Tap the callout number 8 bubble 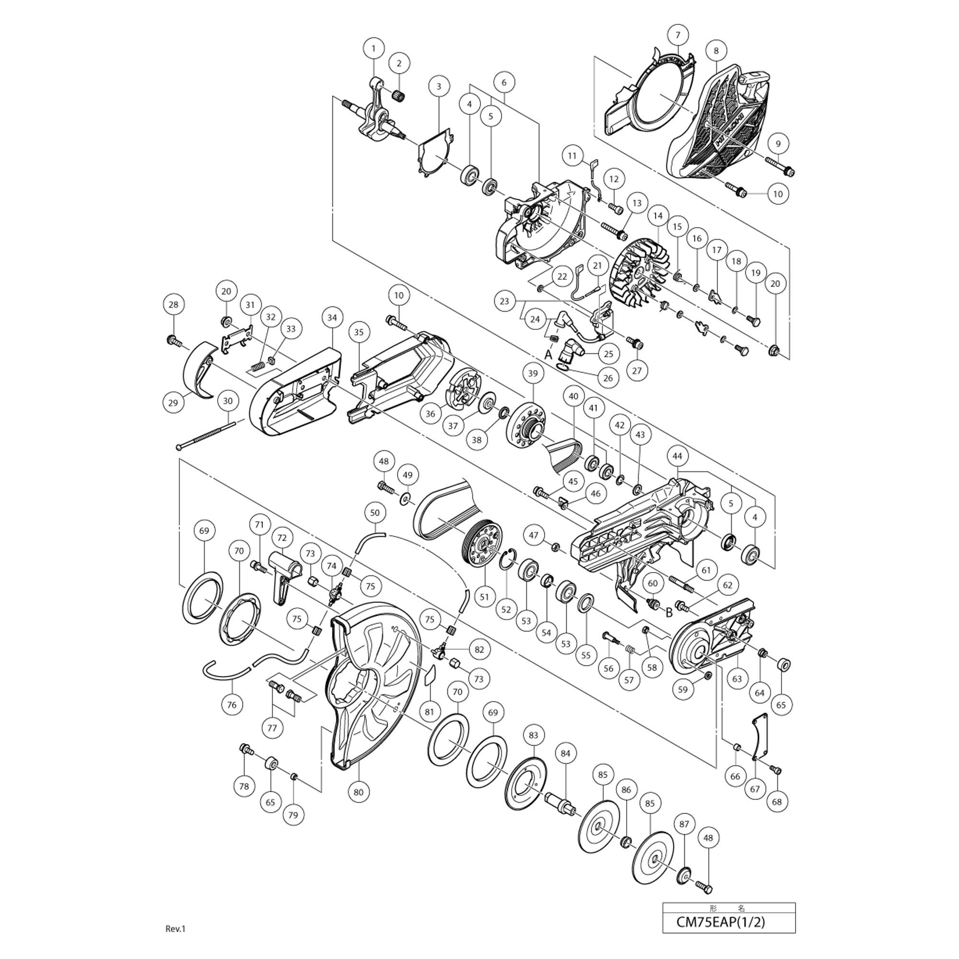pyautogui.click(x=716, y=50)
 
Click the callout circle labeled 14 pyautogui.click(x=658, y=216)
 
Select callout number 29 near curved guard pyautogui.click(x=173, y=403)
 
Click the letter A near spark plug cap pyautogui.click(x=548, y=355)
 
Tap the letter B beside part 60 pyautogui.click(x=668, y=612)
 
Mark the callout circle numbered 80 pyautogui.click(x=358, y=792)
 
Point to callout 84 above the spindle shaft pyautogui.click(x=565, y=753)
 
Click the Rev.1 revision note pyautogui.click(x=175, y=942)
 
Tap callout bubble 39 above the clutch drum pyautogui.click(x=533, y=373)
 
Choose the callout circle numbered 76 pyautogui.click(x=232, y=704)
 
